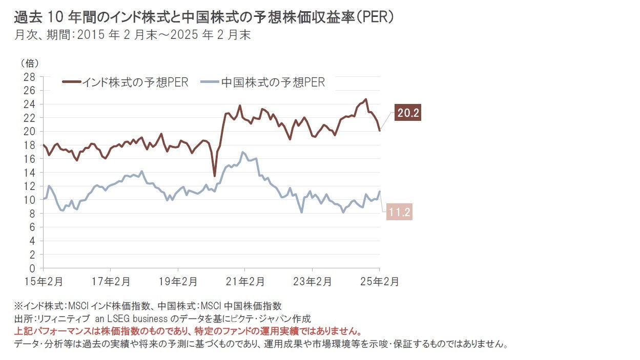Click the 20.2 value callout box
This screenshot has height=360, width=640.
click(x=408, y=113)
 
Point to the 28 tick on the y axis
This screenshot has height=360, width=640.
click(x=29, y=77)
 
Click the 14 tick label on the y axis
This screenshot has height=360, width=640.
click(x=29, y=173)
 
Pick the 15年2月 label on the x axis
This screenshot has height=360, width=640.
click(x=45, y=281)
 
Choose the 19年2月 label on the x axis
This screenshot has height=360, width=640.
click(x=178, y=281)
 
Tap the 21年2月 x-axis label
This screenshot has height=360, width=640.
click(x=245, y=281)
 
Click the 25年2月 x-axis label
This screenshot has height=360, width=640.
click(x=380, y=281)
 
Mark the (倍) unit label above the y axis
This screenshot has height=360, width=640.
click(x=29, y=63)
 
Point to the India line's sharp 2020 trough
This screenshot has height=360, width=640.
click(x=214, y=176)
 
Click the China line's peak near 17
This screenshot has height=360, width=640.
click(x=243, y=152)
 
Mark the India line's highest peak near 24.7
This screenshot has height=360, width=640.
click(x=365, y=99)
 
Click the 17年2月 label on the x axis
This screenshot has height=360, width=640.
click(x=111, y=281)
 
